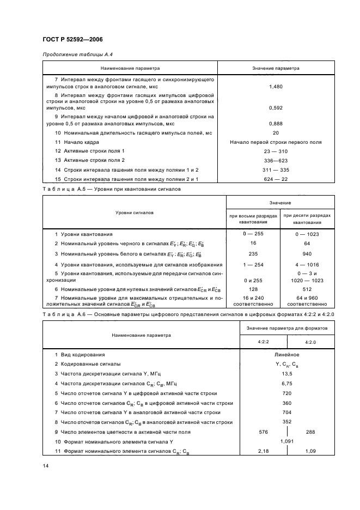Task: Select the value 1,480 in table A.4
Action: (275, 87)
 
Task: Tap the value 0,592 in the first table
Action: (275, 108)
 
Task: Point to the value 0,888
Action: (275, 124)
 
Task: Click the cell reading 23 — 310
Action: (275, 150)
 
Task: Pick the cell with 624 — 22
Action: (275, 179)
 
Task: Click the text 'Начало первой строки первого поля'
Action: (275, 142)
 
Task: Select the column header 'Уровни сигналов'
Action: (133, 212)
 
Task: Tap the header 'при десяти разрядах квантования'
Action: (307, 218)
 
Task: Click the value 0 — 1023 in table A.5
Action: (307, 234)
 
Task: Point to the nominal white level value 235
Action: (253, 253)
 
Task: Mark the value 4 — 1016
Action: (307, 263)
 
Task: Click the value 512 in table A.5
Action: (307, 290)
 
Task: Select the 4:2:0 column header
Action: (311, 342)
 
